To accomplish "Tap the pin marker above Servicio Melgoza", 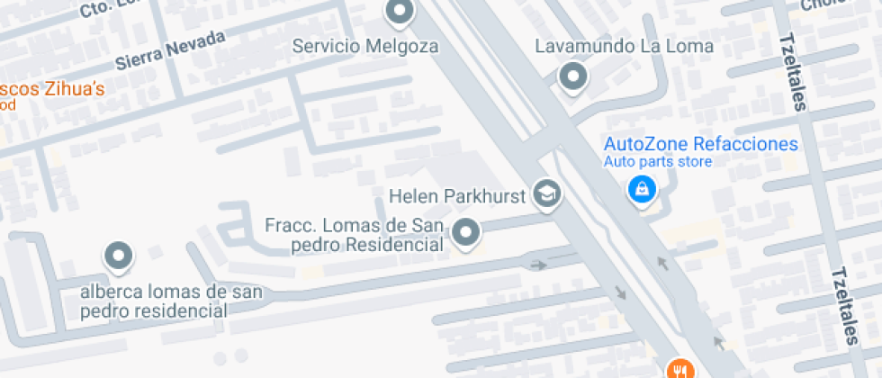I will point(398,13).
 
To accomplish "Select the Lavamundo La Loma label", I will point(625,46).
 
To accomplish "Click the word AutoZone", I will point(644,144).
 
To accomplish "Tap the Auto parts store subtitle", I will point(657,162).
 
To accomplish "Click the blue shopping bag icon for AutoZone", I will point(641,189).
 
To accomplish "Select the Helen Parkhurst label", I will point(456,195).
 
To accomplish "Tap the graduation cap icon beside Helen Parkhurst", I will point(546,193).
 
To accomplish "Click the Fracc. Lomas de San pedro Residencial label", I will point(356,234).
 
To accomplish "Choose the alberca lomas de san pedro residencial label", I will point(171,301).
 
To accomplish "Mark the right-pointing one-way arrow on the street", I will point(538,265).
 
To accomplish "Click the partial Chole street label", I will point(821,5).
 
